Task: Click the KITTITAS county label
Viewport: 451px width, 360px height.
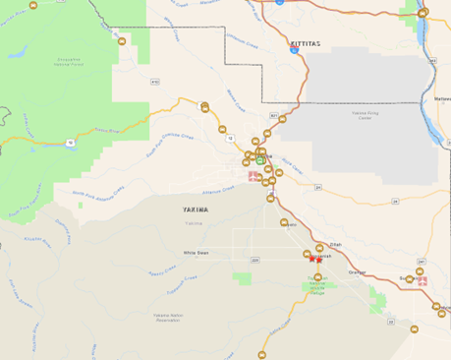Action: [306, 44]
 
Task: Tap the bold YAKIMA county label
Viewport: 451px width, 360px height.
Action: [196, 210]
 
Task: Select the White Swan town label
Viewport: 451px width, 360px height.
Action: [197, 253]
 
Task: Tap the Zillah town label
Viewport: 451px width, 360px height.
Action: [335, 244]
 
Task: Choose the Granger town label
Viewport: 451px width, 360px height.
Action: [357, 271]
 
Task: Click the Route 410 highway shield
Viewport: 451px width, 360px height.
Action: [155, 82]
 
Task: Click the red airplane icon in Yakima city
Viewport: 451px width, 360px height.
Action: [254, 177]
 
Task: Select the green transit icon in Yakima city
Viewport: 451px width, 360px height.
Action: [260, 161]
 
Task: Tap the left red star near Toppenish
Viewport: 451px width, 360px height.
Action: [311, 259]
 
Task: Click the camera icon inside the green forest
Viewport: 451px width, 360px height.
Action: [122, 42]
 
